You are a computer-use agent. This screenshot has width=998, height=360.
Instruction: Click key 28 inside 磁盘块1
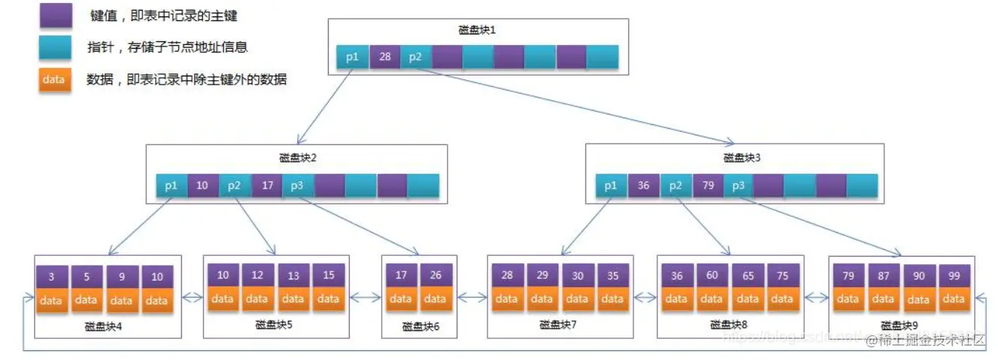384,57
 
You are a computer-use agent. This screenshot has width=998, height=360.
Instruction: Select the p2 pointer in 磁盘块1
416,57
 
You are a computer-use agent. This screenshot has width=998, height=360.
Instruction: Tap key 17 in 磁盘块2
267,185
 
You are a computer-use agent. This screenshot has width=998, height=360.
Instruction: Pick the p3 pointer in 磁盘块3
738,185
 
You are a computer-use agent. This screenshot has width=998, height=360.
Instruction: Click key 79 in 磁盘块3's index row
707,185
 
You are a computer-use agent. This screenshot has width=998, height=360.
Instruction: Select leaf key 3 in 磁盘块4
52,276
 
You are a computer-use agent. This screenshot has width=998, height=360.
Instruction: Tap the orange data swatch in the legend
55,79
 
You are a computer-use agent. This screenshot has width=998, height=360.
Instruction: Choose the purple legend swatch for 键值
55,16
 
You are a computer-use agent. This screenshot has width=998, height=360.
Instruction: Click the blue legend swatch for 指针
55,47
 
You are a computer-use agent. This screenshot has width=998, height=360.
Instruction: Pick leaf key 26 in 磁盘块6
436,275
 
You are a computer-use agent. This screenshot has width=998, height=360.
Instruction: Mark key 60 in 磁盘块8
711,275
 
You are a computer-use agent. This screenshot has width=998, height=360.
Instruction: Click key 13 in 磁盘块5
293,275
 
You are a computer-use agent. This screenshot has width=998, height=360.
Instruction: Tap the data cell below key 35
612,299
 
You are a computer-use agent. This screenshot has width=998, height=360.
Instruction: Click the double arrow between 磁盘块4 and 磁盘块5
192,297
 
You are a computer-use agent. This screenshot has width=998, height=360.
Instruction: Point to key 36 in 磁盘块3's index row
643,185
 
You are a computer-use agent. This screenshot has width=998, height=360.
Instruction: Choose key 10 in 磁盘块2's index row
202,185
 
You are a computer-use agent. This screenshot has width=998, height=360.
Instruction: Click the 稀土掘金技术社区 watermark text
925,341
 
